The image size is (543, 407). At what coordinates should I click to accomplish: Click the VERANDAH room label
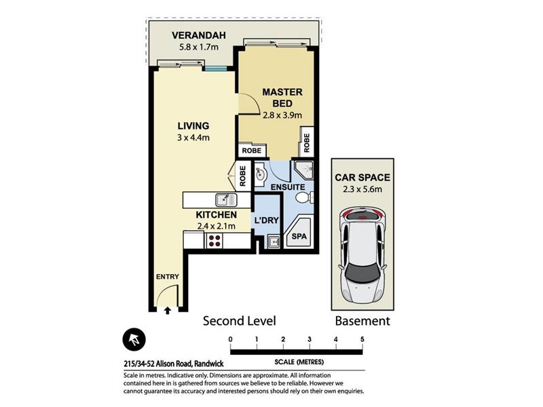point(199,35)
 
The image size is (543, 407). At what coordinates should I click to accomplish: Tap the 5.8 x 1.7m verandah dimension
point(199,47)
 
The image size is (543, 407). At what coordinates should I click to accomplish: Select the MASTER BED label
point(282,98)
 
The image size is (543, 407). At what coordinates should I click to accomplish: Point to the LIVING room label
point(193,125)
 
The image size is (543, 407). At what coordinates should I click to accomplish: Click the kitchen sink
point(226,200)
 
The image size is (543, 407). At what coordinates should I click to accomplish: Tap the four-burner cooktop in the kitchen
point(214,241)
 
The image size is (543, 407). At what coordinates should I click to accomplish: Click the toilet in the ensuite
point(304,198)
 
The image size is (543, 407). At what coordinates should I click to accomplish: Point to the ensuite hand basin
point(260,173)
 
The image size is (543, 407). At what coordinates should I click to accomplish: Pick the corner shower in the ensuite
point(304,170)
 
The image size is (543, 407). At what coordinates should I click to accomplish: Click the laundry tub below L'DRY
point(274,241)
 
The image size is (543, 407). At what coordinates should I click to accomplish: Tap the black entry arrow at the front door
point(167,311)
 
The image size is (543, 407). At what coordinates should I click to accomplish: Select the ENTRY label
point(167,277)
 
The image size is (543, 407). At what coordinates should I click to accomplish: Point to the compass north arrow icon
point(134,340)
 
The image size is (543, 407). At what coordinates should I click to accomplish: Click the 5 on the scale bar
point(362,339)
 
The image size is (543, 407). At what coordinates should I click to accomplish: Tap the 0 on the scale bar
point(231,339)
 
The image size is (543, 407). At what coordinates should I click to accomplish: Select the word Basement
point(362,321)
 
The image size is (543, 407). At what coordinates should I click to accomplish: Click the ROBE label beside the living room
point(242,176)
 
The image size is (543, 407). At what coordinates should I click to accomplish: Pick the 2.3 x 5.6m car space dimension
point(362,189)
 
